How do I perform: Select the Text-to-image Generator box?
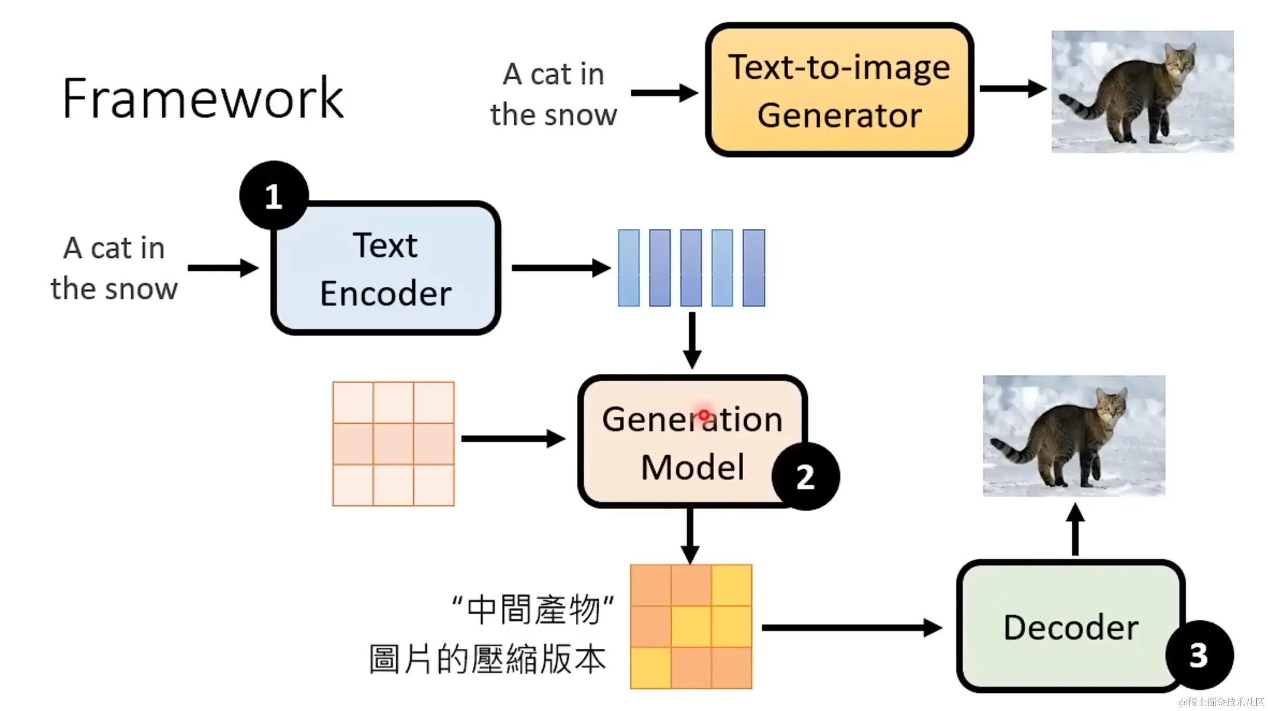pyautogui.click(x=839, y=90)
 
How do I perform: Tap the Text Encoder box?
pyautogui.click(x=386, y=269)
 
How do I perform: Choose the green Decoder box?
pyautogui.click(x=1070, y=626)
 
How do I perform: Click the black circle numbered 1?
pyautogui.click(x=274, y=195)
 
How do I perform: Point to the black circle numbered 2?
pyautogui.click(x=805, y=476)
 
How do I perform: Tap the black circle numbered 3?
pyautogui.click(x=1199, y=655)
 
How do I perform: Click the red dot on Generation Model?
pyautogui.click(x=704, y=415)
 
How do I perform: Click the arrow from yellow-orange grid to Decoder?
pyautogui.click(x=851, y=627)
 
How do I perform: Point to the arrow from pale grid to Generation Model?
pyautogui.click(x=512, y=439)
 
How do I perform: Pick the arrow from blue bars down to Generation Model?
pyautogui.click(x=692, y=340)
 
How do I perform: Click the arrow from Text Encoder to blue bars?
pyautogui.click(x=560, y=267)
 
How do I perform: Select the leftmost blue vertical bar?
pyautogui.click(x=628, y=268)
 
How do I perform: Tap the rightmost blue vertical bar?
pyautogui.click(x=753, y=268)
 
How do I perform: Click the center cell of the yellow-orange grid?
pyautogui.click(x=691, y=627)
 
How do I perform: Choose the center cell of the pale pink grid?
pyautogui.click(x=393, y=444)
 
